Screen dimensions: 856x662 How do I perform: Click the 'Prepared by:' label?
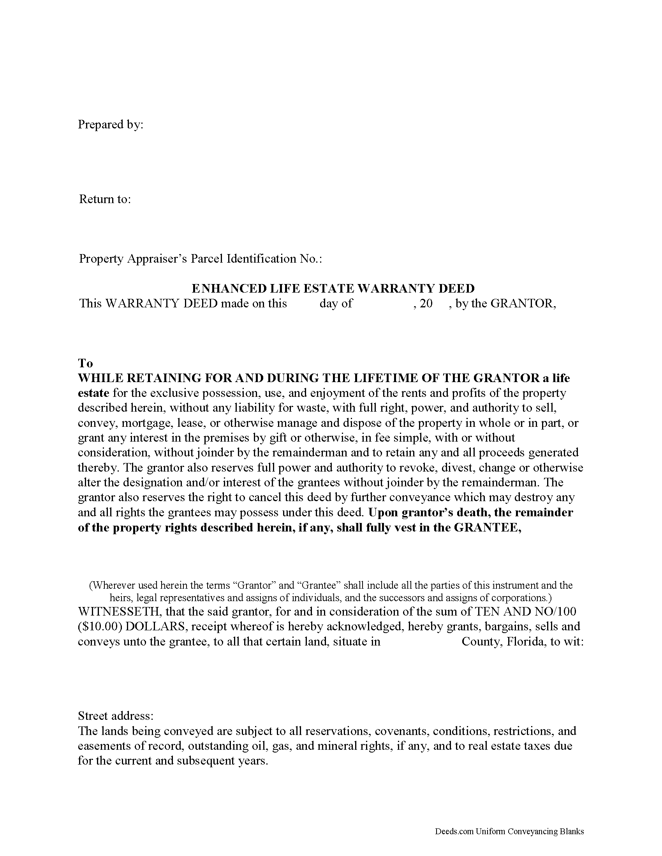[x=111, y=125]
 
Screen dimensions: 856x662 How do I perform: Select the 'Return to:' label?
[x=105, y=199]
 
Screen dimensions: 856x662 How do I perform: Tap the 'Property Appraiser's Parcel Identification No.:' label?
[x=201, y=259]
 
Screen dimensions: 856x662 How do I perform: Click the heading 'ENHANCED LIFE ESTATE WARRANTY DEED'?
[x=333, y=288]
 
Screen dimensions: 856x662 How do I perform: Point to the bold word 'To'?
[x=86, y=363]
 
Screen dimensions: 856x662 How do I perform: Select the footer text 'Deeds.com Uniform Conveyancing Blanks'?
[x=509, y=831]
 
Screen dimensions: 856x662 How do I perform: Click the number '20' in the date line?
[x=426, y=303]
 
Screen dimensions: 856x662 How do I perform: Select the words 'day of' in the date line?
[x=336, y=303]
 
